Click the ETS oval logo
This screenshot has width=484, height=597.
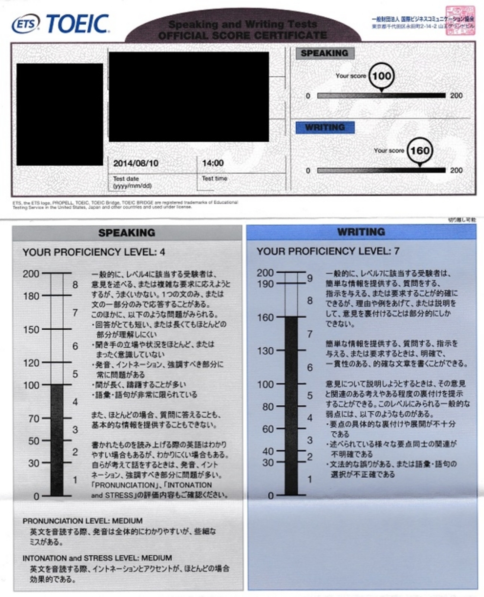(25, 24)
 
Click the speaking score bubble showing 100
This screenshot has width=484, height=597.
(382, 76)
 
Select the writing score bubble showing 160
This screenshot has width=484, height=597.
(420, 151)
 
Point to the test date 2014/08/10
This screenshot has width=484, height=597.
(136, 163)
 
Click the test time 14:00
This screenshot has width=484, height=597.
(213, 163)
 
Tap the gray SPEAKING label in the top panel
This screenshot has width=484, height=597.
(325, 53)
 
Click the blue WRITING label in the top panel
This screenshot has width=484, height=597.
(325, 127)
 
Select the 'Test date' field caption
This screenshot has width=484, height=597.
(126, 179)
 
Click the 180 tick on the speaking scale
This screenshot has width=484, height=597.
(31, 296)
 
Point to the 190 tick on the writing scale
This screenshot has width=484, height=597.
(265, 284)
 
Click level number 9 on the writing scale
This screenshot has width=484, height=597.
(310, 278)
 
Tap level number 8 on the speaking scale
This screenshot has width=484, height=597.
(75, 285)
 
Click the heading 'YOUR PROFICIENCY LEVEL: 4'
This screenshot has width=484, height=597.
(93, 252)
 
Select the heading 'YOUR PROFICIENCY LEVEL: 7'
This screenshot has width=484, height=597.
(328, 251)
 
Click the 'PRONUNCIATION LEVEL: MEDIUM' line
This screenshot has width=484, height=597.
(82, 521)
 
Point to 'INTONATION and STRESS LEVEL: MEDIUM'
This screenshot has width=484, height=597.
(97, 558)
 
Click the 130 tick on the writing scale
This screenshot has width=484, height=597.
(265, 351)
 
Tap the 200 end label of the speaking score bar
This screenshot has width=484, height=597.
(456, 96)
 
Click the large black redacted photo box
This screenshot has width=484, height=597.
(60, 114)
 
